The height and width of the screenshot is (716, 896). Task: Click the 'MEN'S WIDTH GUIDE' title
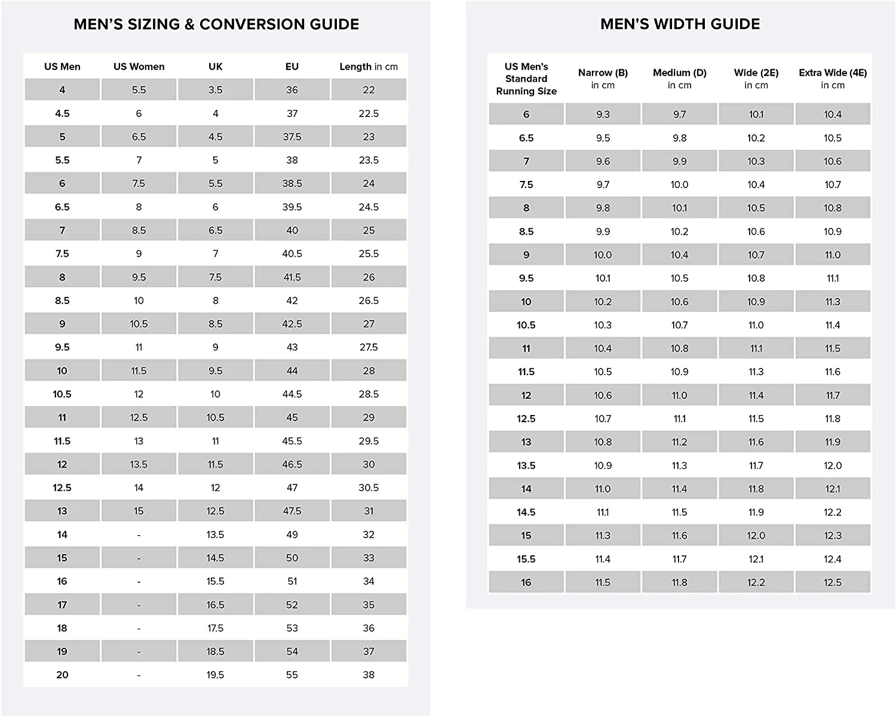tap(680, 24)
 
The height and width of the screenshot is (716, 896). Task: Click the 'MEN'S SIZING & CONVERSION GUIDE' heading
tap(216, 24)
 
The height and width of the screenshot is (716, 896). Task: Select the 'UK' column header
tap(215, 67)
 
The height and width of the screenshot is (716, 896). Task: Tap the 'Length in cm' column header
tap(369, 67)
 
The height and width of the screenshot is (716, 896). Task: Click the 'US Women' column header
tap(139, 67)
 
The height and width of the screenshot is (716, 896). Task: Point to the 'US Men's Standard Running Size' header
tap(526, 79)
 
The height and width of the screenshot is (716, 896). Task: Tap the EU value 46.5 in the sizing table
tap(292, 465)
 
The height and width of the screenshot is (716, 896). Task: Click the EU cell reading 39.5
tap(292, 207)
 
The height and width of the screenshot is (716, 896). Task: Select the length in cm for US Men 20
tap(369, 675)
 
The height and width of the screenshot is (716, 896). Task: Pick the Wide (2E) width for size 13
tap(756, 442)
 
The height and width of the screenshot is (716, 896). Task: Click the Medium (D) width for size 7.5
tap(679, 185)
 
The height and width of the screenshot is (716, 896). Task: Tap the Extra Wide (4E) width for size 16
tap(833, 582)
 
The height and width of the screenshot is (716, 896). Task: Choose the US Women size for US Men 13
tap(139, 511)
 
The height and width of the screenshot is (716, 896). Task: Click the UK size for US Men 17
tap(215, 605)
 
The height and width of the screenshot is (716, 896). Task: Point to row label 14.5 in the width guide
tap(526, 512)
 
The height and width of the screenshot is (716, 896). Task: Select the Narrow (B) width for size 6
tap(603, 115)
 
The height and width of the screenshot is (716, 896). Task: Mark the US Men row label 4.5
tap(62, 113)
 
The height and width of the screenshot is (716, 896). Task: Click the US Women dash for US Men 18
tap(139, 628)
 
